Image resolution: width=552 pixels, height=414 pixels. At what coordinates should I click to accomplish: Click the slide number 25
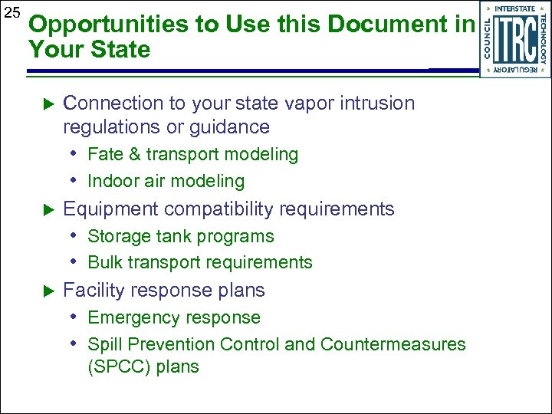tap(11, 13)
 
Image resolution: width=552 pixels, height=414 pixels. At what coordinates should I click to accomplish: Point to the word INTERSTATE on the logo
tap(515, 8)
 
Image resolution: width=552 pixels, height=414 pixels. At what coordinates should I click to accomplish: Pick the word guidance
tap(232, 127)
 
